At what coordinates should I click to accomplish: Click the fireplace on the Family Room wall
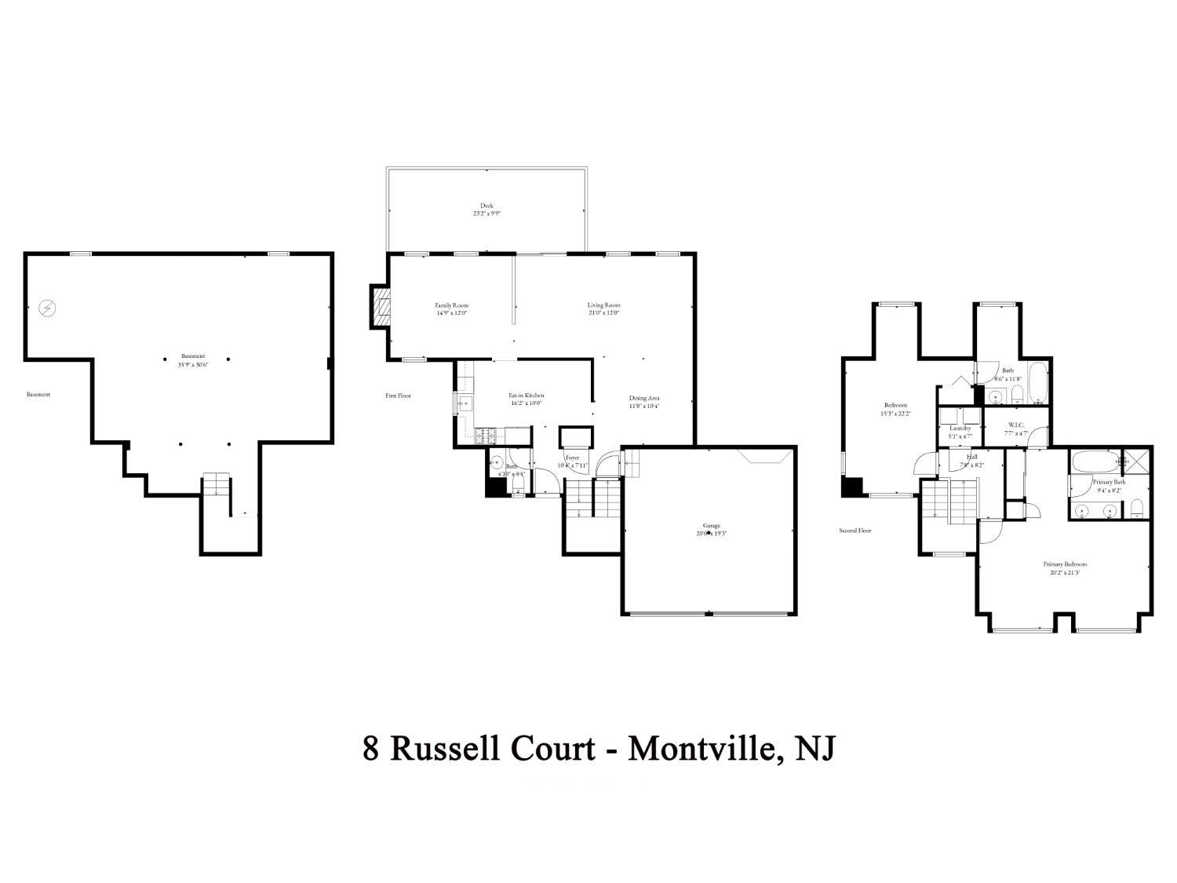pos(381,305)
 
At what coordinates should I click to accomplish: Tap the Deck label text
pos(486,206)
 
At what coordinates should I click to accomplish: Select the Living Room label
pos(604,305)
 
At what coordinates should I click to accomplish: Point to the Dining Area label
pos(643,398)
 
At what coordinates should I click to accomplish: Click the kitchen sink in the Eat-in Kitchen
pos(463,404)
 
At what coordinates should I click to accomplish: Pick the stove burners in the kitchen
pos(484,433)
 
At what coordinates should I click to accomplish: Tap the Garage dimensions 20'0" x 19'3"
pos(711,534)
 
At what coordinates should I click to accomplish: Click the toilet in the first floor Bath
pos(518,491)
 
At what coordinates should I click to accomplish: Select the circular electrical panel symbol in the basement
pos(48,308)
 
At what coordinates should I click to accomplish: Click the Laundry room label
pos(960,428)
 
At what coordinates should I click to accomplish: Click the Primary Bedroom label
pos(1065,564)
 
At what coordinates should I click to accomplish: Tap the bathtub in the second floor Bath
pos(1037,383)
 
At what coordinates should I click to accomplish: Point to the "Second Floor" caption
pos(855,531)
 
